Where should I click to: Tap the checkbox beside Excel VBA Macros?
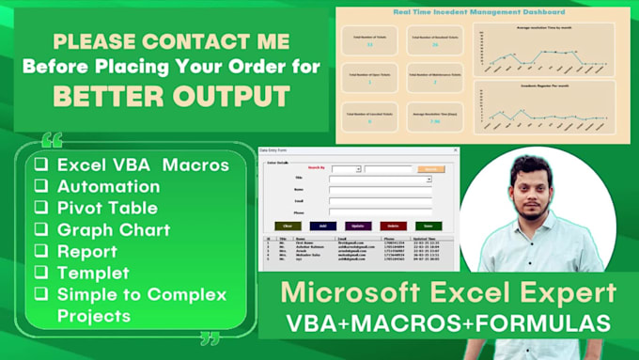(40, 164)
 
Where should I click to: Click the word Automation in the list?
(108, 186)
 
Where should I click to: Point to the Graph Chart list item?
(113, 229)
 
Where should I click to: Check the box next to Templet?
(40, 273)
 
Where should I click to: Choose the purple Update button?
(357, 226)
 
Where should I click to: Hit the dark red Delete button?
(393, 226)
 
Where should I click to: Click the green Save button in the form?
(428, 226)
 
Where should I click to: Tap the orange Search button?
(429, 169)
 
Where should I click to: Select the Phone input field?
(380, 212)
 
